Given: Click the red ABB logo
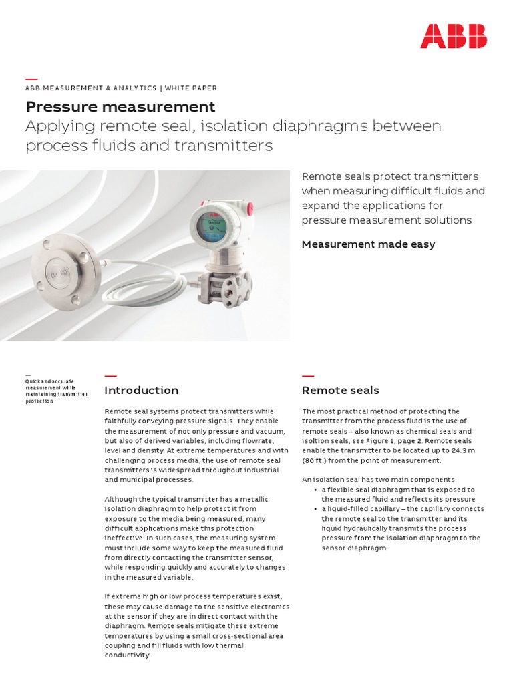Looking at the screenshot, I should tap(454, 36).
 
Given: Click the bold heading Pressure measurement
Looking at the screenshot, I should tap(120, 107).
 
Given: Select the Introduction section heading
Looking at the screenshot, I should tap(142, 391).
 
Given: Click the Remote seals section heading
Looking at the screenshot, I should tap(341, 391).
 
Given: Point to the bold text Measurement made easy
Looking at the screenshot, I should tap(368, 244).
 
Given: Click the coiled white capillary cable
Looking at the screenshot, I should tap(144, 284).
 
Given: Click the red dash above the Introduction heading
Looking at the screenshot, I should tap(111, 376).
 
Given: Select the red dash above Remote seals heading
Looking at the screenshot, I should tap(308, 376).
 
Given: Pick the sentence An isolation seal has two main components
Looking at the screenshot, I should tap(379, 480).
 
